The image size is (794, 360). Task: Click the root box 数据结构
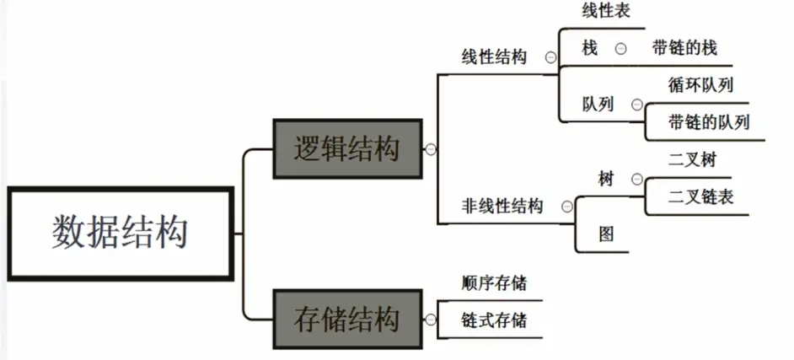tap(119, 234)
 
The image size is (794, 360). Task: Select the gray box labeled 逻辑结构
tap(346, 148)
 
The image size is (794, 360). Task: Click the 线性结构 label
tap(494, 57)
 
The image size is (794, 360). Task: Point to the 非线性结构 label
tap(502, 206)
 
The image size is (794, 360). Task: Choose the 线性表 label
tap(605, 12)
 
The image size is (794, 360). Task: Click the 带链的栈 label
tap(684, 48)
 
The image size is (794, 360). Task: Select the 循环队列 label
tap(700, 85)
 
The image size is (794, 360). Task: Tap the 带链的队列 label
tap(707, 122)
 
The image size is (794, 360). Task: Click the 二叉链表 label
tap(700, 196)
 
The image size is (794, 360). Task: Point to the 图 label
tap(605, 234)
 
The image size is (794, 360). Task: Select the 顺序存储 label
tap(494, 282)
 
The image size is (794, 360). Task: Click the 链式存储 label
tap(494, 320)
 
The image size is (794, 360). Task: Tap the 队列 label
tap(598, 105)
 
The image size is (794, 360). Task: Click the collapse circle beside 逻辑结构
tap(431, 149)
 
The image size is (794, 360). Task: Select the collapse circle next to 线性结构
tap(550, 57)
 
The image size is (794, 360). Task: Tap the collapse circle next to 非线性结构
tap(566, 206)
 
